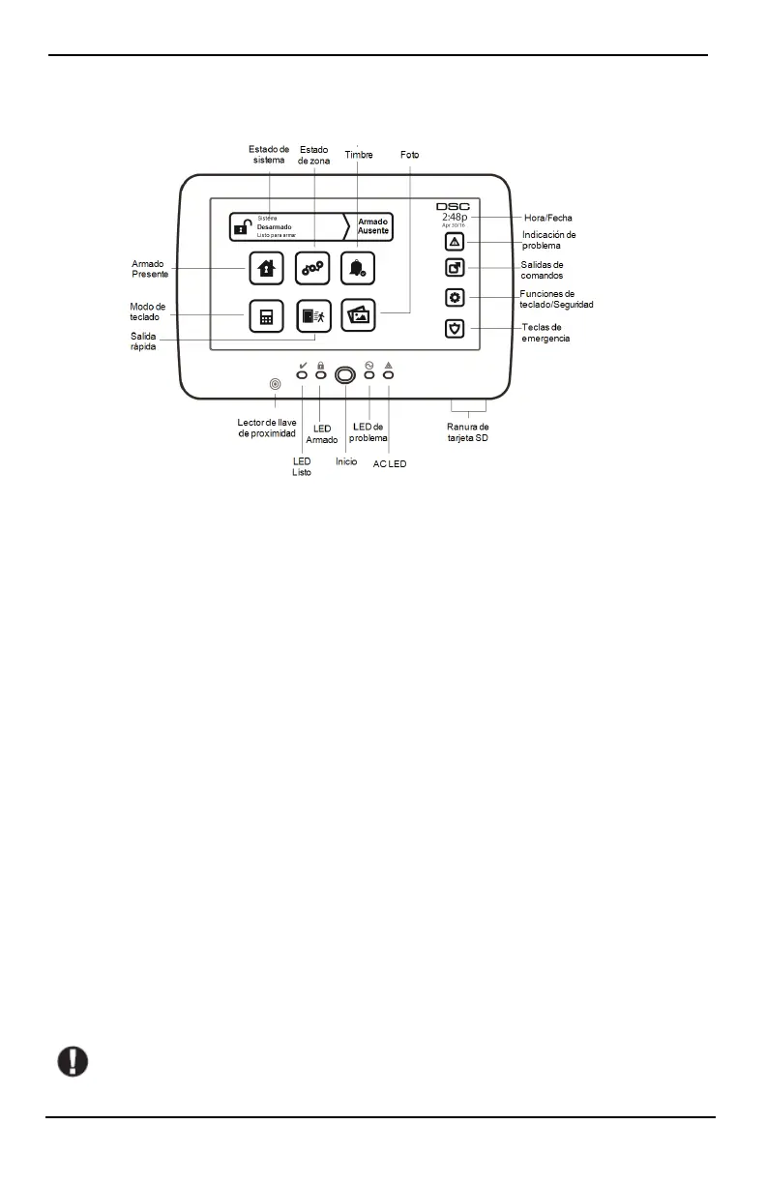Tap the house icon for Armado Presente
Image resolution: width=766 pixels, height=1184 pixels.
[267, 268]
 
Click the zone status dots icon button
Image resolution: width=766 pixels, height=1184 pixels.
[312, 268]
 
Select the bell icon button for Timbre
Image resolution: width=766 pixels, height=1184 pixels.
[358, 268]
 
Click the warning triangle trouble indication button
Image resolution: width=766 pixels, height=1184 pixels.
[455, 242]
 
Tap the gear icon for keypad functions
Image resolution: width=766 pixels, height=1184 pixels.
[455, 297]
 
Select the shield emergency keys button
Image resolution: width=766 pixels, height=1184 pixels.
[455, 328]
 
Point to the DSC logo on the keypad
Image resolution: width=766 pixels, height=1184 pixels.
[453, 206]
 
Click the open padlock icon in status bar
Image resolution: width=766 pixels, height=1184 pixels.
[244, 226]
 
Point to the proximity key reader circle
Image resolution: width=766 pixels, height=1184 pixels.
[276, 384]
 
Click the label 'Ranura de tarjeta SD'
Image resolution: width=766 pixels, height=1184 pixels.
[467, 432]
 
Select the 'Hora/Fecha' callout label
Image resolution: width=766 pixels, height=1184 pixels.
[547, 219]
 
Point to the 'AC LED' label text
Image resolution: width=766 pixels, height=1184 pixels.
[390, 464]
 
